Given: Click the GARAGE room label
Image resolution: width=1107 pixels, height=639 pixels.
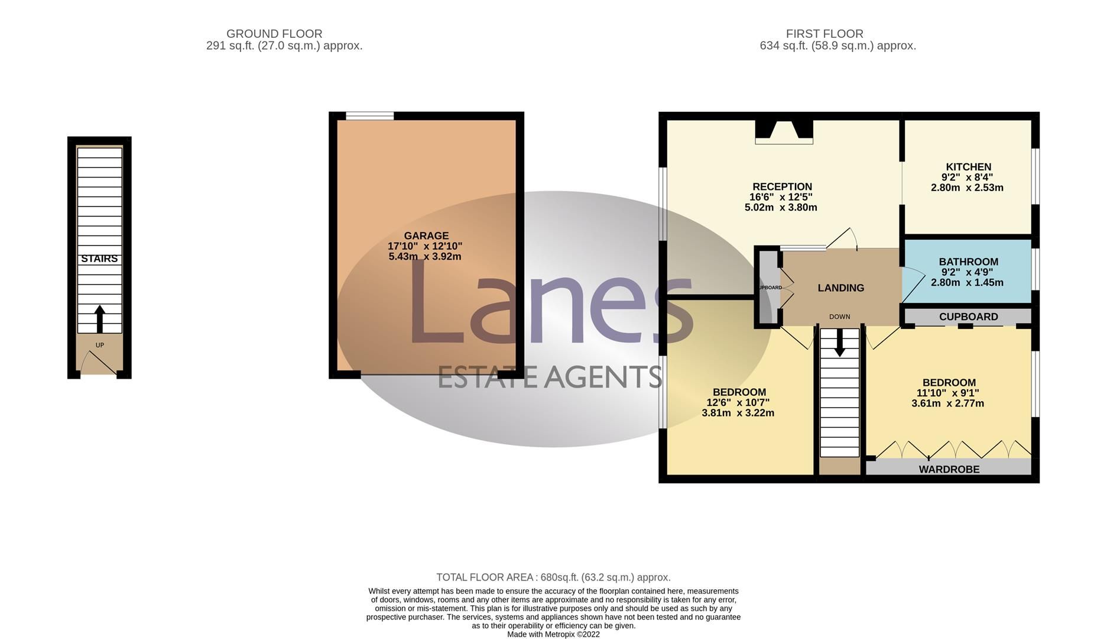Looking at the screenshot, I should pos(426,235).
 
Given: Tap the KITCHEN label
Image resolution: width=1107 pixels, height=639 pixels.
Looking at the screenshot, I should pos(968,167).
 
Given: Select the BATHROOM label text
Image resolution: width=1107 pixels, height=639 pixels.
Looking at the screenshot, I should pos(968,262).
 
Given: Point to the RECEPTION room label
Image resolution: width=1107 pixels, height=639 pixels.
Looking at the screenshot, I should pos(782,186).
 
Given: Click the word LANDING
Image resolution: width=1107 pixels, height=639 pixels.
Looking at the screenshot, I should pos(840,288).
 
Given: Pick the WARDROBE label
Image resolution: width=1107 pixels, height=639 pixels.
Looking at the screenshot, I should pos(949,469).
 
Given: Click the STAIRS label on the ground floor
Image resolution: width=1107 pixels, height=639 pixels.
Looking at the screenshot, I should pos(99,259).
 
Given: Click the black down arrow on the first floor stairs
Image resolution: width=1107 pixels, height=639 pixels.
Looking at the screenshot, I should pos(839,343).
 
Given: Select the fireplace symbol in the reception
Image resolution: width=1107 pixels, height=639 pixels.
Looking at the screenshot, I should pos(784,131).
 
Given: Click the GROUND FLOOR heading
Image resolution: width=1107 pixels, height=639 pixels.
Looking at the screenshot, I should pos(274,34).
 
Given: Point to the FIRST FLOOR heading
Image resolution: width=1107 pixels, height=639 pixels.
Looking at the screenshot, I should pos(824,34).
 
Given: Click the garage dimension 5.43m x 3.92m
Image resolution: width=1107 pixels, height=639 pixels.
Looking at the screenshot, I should pos(425,257).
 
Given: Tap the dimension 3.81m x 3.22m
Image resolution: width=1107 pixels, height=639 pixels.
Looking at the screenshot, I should pos(738,413).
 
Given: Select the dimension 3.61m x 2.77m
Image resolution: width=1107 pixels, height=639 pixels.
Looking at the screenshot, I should pos(947,404).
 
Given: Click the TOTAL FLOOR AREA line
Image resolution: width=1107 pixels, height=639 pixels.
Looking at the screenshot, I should pos(553,577).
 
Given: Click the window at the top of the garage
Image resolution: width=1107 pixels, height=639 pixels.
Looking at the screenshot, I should pos(370,116).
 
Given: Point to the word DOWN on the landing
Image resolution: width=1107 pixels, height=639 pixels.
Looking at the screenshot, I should pos(839,317).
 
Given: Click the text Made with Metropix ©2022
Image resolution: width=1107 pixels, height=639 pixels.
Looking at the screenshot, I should pos(553,634).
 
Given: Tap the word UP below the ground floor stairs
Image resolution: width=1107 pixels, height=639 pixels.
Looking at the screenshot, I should pos(99,345).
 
